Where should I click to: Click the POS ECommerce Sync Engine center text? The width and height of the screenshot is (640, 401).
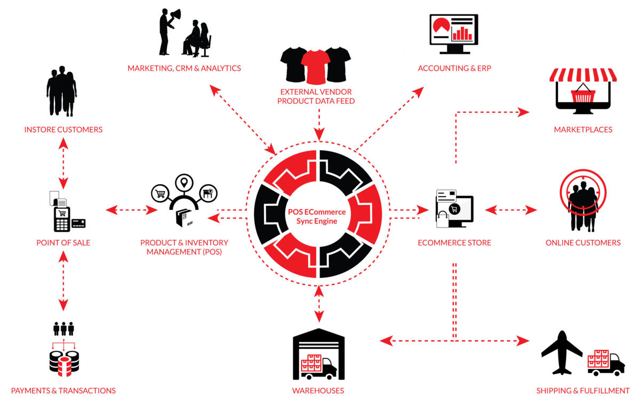click(318, 216)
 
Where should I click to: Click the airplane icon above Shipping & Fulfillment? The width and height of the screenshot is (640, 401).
click(561, 352)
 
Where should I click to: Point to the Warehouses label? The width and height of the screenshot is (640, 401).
click(318, 390)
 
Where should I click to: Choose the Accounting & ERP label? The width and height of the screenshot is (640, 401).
click(454, 68)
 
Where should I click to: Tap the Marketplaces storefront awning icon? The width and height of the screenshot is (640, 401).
click(582, 75)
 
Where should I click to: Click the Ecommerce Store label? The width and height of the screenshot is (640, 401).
click(454, 243)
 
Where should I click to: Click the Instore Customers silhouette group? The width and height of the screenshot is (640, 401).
click(61, 91)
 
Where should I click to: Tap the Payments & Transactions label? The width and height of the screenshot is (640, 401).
click(63, 390)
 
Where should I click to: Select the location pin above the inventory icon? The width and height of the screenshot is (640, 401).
click(185, 183)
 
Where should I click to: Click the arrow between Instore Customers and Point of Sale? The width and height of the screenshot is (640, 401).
click(63, 163)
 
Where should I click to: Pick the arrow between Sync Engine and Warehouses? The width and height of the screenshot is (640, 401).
click(319, 304)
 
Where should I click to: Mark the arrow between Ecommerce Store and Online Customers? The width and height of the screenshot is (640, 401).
click(511, 210)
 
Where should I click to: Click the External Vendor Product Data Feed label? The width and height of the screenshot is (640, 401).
click(316, 96)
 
